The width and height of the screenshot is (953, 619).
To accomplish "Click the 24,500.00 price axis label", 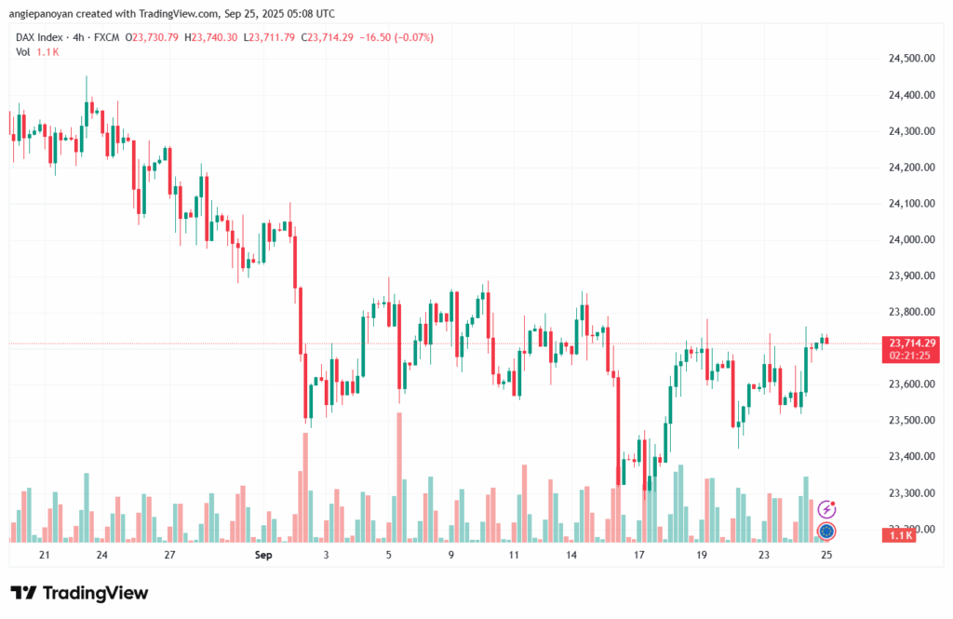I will [x=911, y=59].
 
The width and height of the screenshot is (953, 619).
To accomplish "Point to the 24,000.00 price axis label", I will [x=911, y=240].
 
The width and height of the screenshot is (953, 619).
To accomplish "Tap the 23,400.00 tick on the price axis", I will [x=911, y=457].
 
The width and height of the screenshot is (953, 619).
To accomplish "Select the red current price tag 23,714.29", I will [x=912, y=343].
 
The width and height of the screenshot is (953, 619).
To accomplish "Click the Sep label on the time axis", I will [x=262, y=555].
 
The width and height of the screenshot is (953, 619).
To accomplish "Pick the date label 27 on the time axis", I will [x=169, y=555].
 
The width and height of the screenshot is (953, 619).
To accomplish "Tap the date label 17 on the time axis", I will [x=639, y=555].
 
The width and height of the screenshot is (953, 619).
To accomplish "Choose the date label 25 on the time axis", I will [x=825, y=555].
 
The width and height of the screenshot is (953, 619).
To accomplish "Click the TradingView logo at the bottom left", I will [x=79, y=593].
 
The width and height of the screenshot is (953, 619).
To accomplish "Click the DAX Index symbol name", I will [x=40, y=37].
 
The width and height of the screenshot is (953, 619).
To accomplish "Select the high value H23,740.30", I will [x=213, y=37].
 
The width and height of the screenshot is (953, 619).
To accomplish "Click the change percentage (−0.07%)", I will [x=415, y=37].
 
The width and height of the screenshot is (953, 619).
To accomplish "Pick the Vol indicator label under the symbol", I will [x=23, y=51].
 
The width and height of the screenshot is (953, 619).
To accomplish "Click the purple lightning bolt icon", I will [x=826, y=509].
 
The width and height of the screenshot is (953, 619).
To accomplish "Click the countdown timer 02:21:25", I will [x=912, y=356].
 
